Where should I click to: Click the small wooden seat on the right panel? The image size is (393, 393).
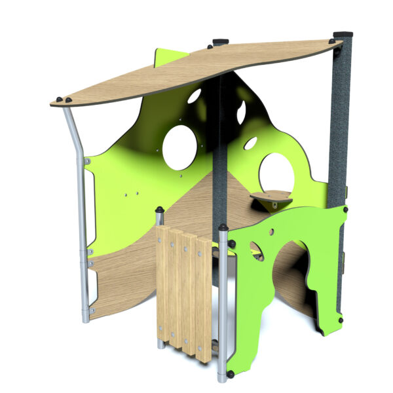click(x=271, y=196)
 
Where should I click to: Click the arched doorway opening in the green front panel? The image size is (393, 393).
click(x=288, y=275)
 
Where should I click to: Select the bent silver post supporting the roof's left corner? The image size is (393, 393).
click(x=80, y=196)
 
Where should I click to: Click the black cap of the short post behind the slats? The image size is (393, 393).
click(x=159, y=210)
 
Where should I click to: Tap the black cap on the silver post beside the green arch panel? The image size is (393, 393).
click(x=223, y=228)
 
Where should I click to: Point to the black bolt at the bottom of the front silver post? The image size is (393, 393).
click(x=231, y=375)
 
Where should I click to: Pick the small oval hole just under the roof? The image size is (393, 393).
click(x=194, y=96)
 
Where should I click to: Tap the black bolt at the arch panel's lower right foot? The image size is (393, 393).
click(x=340, y=320)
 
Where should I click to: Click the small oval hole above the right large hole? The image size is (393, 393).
click(x=251, y=142)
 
